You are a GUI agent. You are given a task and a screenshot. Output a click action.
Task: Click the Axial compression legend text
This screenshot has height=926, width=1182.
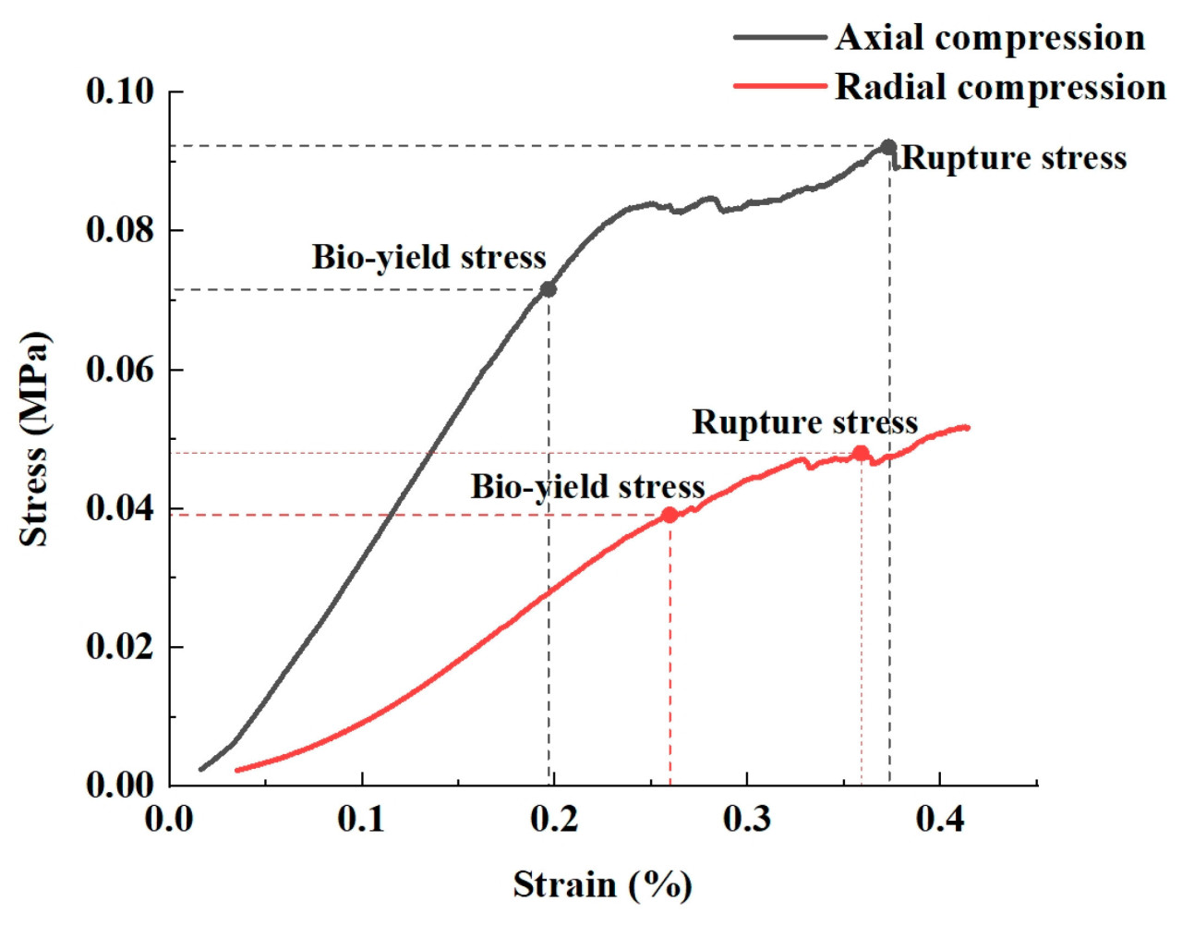[990, 38]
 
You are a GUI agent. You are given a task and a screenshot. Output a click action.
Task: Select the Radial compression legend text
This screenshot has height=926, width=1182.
[1000, 87]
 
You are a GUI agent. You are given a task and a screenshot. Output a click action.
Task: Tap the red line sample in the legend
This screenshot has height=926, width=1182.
[779, 86]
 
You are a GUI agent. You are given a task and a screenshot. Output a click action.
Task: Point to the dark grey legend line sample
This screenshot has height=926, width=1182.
[779, 38]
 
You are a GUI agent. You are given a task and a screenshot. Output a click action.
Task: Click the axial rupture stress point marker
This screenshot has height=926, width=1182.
[888, 147]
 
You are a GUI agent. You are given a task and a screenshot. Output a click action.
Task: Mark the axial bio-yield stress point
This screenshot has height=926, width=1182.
[549, 289]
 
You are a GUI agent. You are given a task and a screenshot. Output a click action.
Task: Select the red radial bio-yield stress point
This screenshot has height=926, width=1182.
[669, 515]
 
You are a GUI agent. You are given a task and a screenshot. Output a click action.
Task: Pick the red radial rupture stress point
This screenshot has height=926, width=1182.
[861, 453]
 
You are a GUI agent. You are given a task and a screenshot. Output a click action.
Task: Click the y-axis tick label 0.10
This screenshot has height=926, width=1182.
[120, 91]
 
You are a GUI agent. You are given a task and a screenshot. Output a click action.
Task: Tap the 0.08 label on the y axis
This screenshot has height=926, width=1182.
[120, 230]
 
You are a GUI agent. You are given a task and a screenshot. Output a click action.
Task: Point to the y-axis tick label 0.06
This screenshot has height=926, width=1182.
[120, 370]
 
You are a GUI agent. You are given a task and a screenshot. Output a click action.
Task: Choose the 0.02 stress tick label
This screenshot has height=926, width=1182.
[120, 646]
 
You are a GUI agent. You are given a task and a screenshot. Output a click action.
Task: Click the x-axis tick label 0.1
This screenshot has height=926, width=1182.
[361, 819]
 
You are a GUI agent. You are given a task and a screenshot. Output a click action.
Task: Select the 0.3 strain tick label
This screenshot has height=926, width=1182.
[746, 819]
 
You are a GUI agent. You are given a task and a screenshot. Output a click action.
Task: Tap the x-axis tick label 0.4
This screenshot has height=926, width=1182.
[939, 819]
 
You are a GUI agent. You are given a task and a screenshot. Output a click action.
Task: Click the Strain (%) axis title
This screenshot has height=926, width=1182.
[602, 885]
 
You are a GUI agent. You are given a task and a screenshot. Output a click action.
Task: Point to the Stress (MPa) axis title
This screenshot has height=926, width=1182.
[34, 439]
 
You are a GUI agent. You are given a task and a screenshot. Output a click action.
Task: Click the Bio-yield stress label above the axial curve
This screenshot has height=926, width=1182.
[428, 257]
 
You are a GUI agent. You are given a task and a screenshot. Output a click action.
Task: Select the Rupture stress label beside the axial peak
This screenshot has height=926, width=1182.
[1014, 158]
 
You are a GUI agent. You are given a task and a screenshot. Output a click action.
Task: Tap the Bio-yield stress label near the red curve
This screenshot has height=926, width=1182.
[587, 487]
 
